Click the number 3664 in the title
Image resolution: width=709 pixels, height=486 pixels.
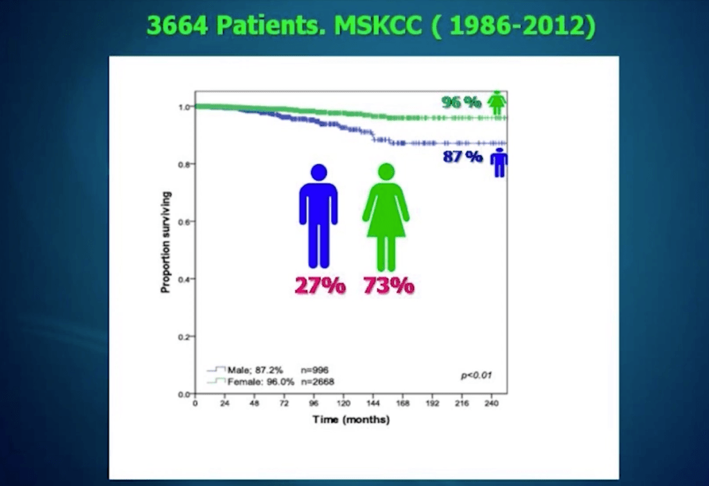pos(177,25)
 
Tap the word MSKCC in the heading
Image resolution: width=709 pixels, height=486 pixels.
pos(378,25)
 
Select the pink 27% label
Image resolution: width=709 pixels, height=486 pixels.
pos(320,286)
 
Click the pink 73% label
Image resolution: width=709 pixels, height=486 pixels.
pos(389,286)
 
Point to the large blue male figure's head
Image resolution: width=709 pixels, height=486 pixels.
pos(318,172)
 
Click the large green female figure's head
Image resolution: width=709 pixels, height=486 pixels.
pos(386,172)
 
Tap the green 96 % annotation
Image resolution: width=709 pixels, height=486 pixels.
pos(461,102)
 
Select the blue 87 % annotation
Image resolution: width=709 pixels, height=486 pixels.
pos(463,157)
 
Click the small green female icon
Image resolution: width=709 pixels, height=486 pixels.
pos(497,102)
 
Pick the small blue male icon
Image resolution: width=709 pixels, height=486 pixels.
pos(499,162)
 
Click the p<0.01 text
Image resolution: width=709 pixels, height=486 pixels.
pos(476,375)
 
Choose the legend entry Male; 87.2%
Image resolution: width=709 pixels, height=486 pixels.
pos(255,370)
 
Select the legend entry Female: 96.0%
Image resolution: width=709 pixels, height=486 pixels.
pos(261,382)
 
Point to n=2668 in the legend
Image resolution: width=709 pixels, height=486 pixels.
pos(317,382)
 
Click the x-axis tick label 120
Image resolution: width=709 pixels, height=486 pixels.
pos(343,403)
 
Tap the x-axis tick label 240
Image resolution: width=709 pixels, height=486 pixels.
pos(492,403)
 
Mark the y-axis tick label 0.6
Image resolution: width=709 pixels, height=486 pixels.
pos(184,222)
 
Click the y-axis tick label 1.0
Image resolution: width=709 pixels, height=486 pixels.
pos(184,107)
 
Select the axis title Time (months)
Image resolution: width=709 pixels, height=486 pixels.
pos(351,420)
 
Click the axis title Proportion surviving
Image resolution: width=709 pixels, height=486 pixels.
pos(166,242)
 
